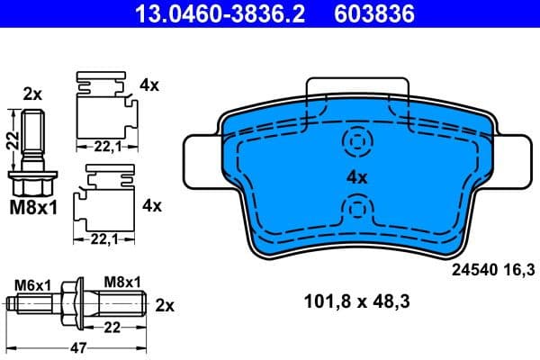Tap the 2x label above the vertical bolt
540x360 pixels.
[32, 94]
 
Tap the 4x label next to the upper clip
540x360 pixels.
[150, 85]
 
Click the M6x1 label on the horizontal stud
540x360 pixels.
[31, 283]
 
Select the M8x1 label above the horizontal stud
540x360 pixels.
[122, 282]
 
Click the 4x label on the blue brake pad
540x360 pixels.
[357, 177]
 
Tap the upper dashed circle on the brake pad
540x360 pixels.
[357, 141]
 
